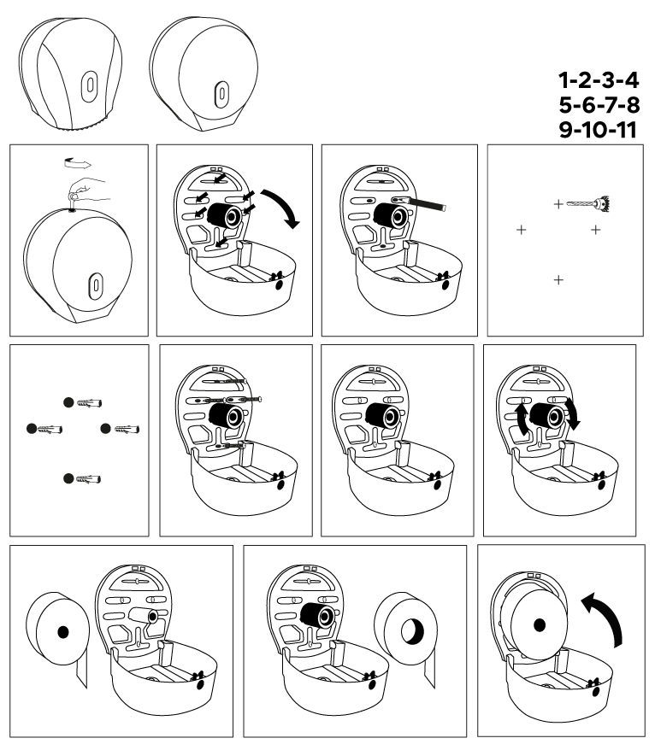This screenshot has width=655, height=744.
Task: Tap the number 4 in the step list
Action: (x=631, y=80)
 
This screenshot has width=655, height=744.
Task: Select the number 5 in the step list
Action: (x=566, y=105)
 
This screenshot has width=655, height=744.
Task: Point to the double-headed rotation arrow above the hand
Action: (x=78, y=164)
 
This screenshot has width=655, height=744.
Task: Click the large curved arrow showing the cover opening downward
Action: (x=282, y=207)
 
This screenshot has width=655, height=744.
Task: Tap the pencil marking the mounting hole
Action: (x=419, y=203)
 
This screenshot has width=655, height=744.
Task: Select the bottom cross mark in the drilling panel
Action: (x=558, y=280)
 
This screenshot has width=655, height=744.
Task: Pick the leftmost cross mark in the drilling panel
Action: (x=521, y=230)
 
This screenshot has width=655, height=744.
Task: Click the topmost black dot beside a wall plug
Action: (x=68, y=402)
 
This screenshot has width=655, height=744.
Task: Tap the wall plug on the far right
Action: (x=127, y=429)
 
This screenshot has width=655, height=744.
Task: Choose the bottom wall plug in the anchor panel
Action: (x=88, y=478)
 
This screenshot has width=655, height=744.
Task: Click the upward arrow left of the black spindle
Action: (x=522, y=418)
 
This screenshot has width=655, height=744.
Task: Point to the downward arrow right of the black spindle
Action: (x=573, y=413)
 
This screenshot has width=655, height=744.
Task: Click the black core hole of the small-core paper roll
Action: (x=62, y=632)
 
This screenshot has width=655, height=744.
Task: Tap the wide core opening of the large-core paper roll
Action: (x=412, y=631)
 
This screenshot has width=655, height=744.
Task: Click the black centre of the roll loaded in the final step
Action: (x=539, y=625)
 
